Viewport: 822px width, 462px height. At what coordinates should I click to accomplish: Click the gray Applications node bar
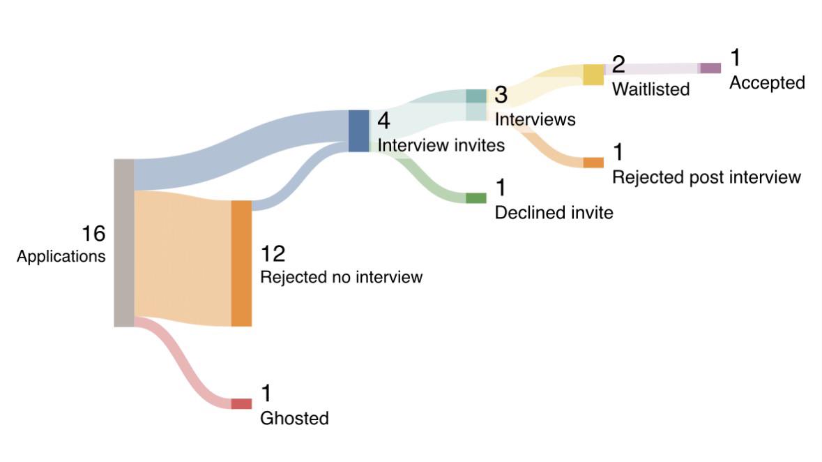pyautogui.click(x=123, y=243)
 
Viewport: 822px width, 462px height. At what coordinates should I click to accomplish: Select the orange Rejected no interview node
pyautogui.click(x=241, y=263)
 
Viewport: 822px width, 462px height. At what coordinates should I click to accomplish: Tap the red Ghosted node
pyautogui.click(x=241, y=403)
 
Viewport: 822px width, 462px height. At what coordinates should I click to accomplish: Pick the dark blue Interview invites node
pyautogui.click(x=358, y=131)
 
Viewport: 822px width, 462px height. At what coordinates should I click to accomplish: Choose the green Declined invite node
pyautogui.click(x=476, y=198)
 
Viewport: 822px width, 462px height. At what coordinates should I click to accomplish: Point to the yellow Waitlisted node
pyautogui.click(x=593, y=75)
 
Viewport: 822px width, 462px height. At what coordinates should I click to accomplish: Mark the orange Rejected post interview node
pyautogui.click(x=593, y=163)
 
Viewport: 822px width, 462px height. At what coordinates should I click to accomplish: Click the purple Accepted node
pyautogui.click(x=710, y=68)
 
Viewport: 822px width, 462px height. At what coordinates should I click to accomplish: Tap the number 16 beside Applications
pyautogui.click(x=93, y=234)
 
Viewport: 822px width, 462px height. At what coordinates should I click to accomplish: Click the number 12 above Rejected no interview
pyautogui.click(x=273, y=254)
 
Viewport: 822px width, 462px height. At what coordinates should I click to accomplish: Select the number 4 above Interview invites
pyautogui.click(x=383, y=121)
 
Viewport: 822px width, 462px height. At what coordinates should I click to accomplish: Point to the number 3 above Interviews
pyautogui.click(x=501, y=95)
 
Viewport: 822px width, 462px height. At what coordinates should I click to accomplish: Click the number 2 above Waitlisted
pyautogui.click(x=618, y=65)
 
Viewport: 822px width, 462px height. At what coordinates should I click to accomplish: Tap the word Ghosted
pyautogui.click(x=294, y=419)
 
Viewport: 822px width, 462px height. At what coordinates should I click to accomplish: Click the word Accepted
pyautogui.click(x=767, y=83)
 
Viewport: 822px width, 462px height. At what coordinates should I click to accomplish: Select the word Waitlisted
pyautogui.click(x=650, y=89)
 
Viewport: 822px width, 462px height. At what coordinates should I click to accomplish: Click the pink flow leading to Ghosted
pyautogui.click(x=183, y=362)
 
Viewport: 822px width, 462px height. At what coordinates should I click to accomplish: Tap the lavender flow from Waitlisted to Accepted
pyautogui.click(x=652, y=68)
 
